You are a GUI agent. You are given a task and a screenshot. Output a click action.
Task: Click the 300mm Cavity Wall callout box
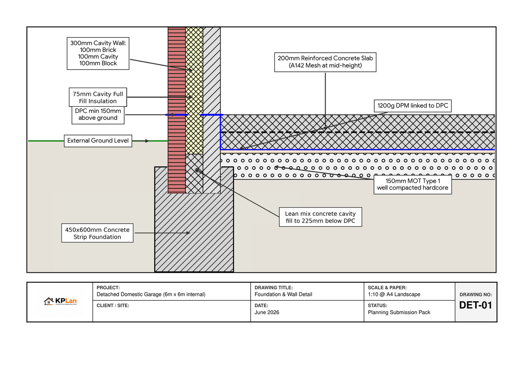(98, 53)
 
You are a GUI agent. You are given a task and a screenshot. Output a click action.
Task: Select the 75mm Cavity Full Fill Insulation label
(98, 97)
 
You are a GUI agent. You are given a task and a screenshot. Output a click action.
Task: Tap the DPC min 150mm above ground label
(98, 114)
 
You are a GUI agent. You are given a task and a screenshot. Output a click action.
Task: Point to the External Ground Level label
(98, 140)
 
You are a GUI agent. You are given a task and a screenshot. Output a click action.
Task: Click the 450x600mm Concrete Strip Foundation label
(97, 233)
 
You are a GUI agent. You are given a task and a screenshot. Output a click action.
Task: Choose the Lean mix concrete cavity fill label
(320, 217)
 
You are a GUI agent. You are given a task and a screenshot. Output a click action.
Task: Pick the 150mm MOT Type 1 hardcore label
(413, 184)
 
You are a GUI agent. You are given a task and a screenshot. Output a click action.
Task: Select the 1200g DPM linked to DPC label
(413, 106)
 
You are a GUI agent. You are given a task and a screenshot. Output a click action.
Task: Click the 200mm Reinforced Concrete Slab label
(325, 62)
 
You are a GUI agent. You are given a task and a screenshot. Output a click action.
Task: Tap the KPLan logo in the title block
(60, 302)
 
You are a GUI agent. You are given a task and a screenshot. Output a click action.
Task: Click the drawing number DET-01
(475, 305)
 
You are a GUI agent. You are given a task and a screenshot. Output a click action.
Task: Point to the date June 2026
(267, 312)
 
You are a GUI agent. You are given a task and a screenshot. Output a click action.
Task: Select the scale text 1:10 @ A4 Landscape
(394, 294)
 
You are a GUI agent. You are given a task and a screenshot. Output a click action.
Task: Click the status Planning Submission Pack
(399, 312)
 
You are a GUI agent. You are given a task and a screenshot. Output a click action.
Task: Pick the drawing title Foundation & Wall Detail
(283, 294)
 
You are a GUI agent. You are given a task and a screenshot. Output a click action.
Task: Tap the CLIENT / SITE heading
(113, 306)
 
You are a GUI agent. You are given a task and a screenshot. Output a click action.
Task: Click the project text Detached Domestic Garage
(151, 294)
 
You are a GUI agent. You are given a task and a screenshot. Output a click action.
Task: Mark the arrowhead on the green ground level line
(147, 141)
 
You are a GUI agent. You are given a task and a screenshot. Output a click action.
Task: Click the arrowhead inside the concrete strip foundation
(188, 233)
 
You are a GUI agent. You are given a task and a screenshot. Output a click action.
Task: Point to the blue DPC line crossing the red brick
(177, 115)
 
